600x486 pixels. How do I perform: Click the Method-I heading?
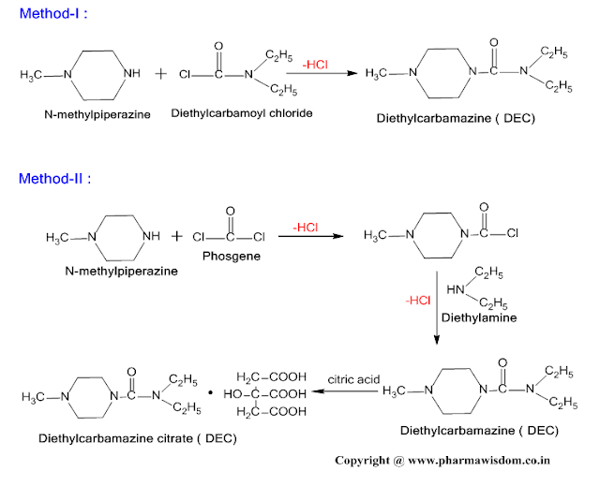[x=53, y=13]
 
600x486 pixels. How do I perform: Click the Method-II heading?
[x=55, y=179]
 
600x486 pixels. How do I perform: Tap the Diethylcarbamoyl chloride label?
[x=242, y=113]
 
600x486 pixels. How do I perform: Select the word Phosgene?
[x=232, y=256]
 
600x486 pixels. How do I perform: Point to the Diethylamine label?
[x=479, y=317]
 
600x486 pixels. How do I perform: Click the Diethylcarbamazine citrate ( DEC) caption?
[x=138, y=438]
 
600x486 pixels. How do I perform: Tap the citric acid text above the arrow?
[x=353, y=379]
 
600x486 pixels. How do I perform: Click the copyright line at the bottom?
[x=442, y=461]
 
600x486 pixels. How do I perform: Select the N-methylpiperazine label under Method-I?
[x=97, y=114]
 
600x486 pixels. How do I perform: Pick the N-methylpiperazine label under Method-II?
[x=121, y=272]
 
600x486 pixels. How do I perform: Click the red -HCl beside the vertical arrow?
[x=418, y=301]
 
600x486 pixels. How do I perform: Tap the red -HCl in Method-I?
[x=315, y=65]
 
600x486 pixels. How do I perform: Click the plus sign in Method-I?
[x=161, y=74]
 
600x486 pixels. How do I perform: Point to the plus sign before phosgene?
[x=177, y=237]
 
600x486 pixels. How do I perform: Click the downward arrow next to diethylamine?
[x=437, y=308]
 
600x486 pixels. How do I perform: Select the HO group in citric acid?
[x=232, y=394]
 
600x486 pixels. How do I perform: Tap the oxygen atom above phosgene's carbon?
[x=230, y=211]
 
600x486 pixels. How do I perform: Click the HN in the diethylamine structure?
[x=456, y=290]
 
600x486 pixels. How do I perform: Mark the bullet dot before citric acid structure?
[x=210, y=392]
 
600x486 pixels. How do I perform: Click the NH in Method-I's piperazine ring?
[x=132, y=73]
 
